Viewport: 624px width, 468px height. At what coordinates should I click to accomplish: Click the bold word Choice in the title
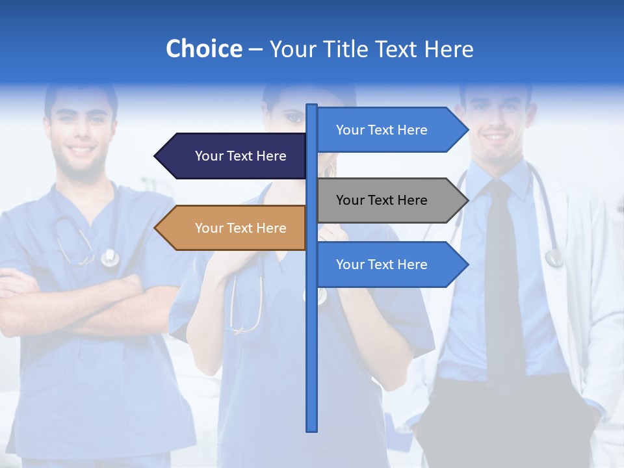click(x=203, y=49)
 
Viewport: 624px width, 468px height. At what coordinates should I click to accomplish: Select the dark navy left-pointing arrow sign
click(x=234, y=156)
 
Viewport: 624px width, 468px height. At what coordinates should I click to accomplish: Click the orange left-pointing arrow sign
click(x=234, y=228)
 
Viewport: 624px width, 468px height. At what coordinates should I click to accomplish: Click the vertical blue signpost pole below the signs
click(x=312, y=364)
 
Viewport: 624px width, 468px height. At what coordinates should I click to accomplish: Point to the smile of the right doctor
click(x=497, y=138)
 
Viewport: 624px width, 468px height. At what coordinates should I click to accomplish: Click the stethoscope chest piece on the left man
click(x=110, y=259)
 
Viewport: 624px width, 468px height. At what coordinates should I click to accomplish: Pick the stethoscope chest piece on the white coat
click(x=554, y=258)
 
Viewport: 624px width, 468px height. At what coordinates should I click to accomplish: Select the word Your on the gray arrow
click(x=349, y=200)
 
